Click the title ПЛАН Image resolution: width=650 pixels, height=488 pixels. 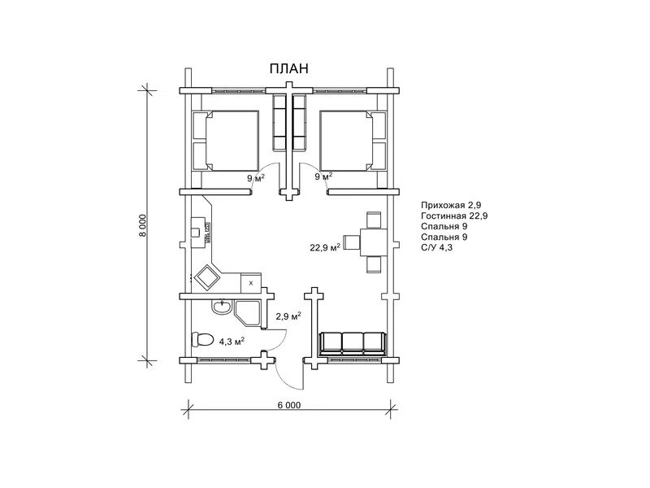(289, 68)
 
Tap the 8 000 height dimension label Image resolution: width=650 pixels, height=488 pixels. (143, 225)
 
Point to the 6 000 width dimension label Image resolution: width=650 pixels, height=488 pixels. (289, 405)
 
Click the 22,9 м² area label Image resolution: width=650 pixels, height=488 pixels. (325, 247)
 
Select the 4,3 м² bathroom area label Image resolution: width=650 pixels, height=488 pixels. (232, 342)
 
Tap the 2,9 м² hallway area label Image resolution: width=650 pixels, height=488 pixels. (288, 316)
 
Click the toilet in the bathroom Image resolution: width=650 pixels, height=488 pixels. (202, 339)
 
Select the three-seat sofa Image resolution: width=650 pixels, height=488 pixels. (353, 343)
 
